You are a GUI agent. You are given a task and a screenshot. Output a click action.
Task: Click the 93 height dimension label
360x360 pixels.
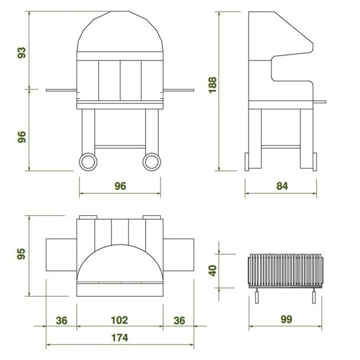pyautogui.click(x=22, y=53)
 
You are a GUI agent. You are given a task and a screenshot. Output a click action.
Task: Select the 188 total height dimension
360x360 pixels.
pyautogui.click(x=213, y=85)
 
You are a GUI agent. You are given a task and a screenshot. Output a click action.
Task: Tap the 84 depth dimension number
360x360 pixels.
pyautogui.click(x=282, y=186)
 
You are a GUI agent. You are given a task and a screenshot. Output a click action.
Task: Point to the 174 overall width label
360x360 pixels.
pyautogui.click(x=119, y=338)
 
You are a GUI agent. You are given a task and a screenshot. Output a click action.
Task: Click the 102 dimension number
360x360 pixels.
pyautogui.click(x=119, y=320)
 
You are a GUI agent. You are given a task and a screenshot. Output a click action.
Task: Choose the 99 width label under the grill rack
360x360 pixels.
pyautogui.click(x=286, y=319)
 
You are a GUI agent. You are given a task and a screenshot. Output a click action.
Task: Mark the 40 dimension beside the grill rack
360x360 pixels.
pyautogui.click(x=213, y=270)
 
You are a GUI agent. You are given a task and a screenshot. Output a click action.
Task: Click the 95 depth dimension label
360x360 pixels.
pyautogui.click(x=21, y=254)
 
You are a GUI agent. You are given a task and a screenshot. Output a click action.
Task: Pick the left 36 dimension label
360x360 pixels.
pyautogui.click(x=62, y=321)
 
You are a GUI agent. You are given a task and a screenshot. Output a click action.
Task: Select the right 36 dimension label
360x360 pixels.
pyautogui.click(x=179, y=321)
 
